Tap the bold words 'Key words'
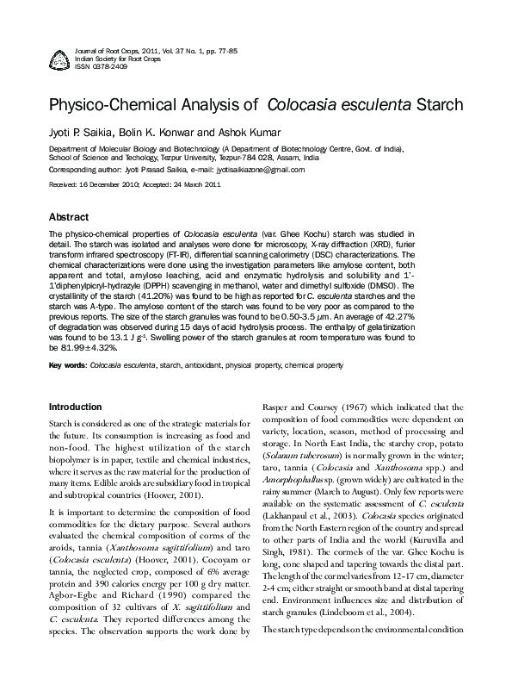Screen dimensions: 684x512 (67, 365)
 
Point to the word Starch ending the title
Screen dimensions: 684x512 (440, 106)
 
